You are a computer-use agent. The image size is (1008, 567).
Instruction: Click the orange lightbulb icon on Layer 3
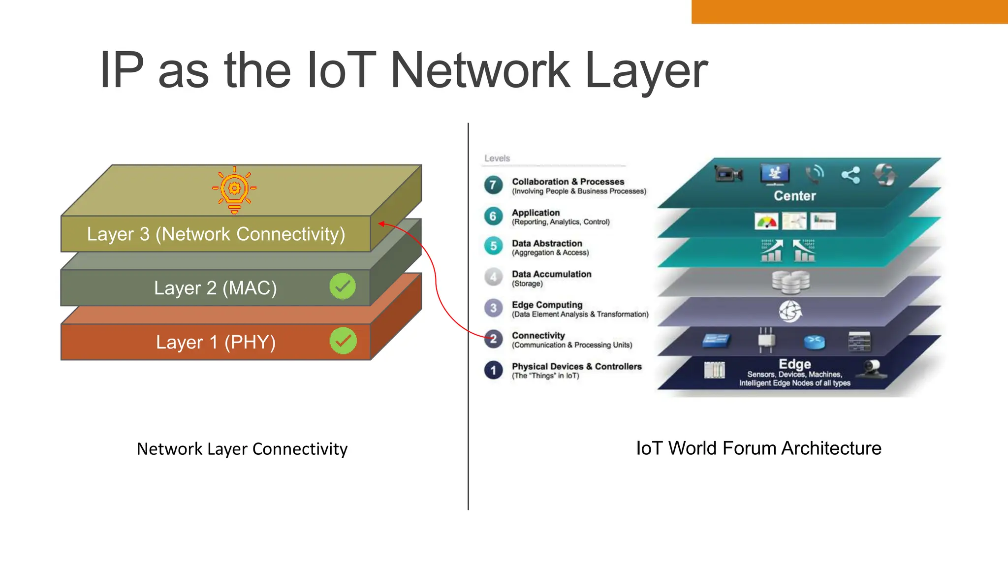coord(234,190)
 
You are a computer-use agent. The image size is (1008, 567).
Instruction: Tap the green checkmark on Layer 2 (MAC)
coord(343,286)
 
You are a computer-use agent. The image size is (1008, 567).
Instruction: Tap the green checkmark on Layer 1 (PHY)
coord(343,341)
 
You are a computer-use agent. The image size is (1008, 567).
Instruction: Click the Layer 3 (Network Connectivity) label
coord(216,234)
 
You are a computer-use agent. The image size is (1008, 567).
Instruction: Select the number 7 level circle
coord(493,185)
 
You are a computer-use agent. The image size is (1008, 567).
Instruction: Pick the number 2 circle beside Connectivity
coord(493,339)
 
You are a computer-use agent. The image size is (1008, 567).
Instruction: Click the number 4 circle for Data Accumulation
coord(493,277)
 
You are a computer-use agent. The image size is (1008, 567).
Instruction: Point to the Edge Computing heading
coord(547,305)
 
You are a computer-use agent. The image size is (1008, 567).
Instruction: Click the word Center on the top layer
coord(794,196)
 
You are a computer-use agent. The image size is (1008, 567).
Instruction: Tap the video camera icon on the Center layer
coord(728,174)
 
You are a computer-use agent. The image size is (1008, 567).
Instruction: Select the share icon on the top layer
coord(850,175)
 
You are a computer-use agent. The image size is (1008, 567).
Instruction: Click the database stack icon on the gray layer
coord(790,282)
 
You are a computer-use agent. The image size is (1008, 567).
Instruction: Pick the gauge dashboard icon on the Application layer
coord(766,221)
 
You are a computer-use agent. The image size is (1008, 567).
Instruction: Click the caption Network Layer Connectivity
coord(242,449)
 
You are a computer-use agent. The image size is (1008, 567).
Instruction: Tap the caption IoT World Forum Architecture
coord(758,448)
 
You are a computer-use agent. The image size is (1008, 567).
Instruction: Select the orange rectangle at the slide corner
coord(849,11)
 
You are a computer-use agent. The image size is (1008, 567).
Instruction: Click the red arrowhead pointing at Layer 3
coord(382,224)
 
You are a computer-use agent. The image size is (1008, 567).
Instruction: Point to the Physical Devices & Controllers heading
coord(576,366)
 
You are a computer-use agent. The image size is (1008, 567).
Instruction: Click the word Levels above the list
coord(497,158)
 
